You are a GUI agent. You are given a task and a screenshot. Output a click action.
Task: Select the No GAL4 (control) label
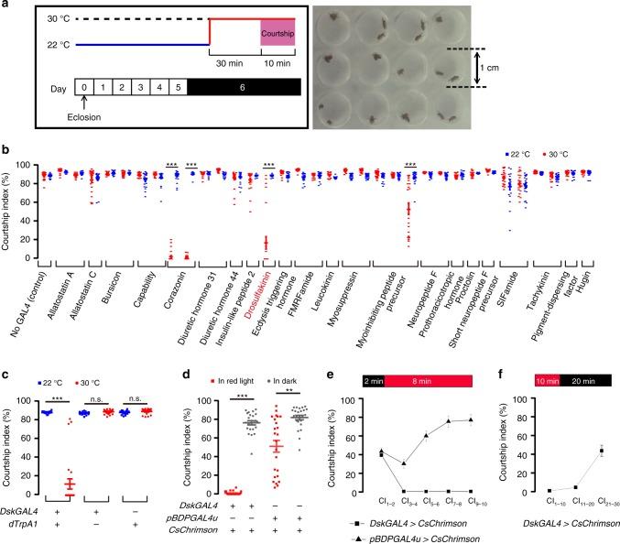click(27, 241)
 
